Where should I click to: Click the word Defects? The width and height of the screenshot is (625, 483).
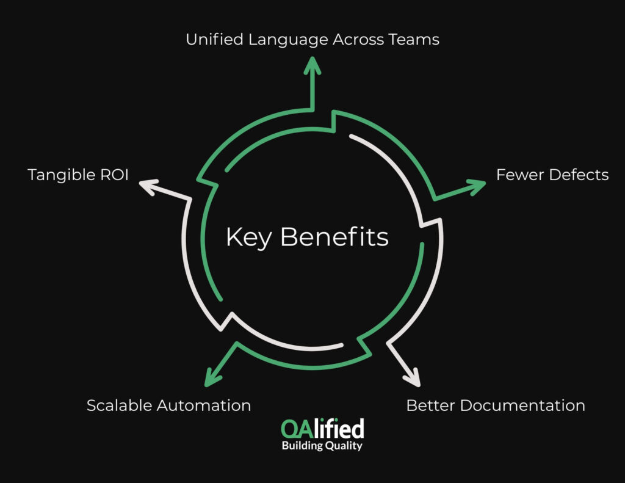[579, 175]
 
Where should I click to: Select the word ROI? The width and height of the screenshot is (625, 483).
[115, 175]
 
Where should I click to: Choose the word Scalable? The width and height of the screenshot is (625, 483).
[119, 405]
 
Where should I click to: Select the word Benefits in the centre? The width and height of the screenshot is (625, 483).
[334, 237]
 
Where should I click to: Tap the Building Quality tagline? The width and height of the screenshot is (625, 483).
[322, 446]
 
